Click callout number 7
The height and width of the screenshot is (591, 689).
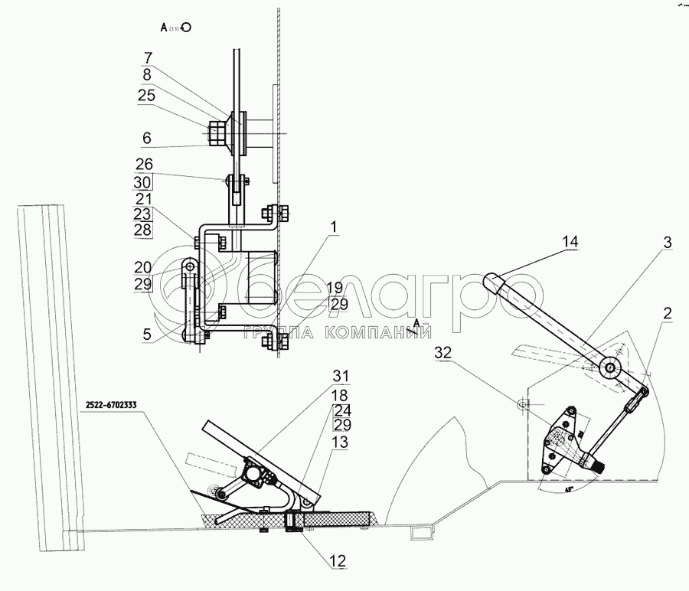[x=148, y=57]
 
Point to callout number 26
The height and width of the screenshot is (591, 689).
[x=144, y=164]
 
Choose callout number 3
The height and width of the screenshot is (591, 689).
[x=668, y=242]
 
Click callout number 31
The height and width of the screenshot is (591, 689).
[x=339, y=376]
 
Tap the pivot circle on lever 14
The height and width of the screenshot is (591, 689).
[x=609, y=367]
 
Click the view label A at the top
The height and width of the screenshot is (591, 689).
[x=164, y=27]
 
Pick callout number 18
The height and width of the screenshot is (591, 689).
[x=339, y=394]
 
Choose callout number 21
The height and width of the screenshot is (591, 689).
[x=144, y=199]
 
